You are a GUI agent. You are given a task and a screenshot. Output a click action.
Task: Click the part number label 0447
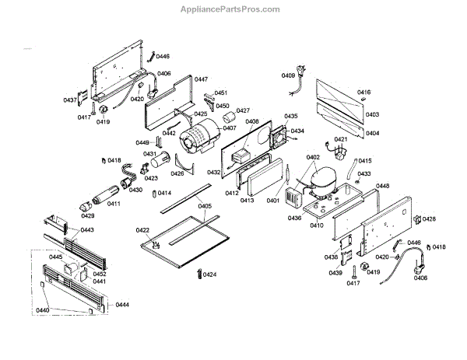[201, 79]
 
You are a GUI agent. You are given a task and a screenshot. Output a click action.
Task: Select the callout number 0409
[288, 75]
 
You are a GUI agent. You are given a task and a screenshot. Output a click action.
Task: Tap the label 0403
[372, 114]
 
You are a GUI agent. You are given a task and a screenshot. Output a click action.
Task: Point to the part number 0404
[372, 133]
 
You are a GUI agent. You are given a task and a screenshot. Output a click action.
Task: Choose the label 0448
[382, 187]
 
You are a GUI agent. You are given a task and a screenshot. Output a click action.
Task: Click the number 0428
[429, 219]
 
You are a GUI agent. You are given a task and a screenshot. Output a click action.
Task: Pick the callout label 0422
[142, 230]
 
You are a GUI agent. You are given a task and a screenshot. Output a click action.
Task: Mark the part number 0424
[210, 274]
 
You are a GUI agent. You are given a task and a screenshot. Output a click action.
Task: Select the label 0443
[87, 230]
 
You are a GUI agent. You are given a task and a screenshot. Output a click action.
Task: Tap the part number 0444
[122, 306]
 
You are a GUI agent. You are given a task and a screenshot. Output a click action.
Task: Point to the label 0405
[205, 206]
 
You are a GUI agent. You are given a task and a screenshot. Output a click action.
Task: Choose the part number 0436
[294, 218]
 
